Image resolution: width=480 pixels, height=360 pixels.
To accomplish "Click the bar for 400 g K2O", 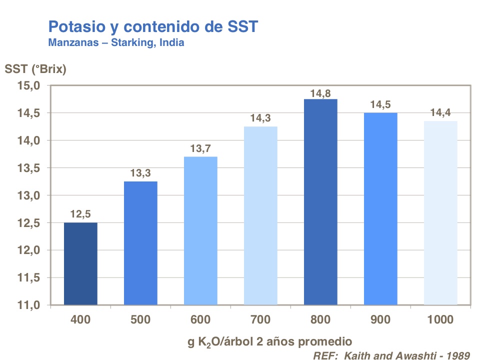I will coord(80,263).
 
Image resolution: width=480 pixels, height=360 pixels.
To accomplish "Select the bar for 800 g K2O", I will coord(320,202).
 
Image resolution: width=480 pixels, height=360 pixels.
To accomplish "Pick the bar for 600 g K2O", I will coord(200,230).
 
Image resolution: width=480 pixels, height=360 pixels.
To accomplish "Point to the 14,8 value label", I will coord(320,92).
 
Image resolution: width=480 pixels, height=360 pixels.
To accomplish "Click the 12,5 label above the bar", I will coord(80,215).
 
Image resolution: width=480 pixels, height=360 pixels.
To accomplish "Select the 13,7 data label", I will coord(200,149).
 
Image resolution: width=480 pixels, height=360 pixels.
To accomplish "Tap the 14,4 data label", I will coord(440,113).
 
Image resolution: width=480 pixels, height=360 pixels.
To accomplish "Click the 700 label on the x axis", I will coord(260,319).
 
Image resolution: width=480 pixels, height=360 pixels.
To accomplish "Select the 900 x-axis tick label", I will coord(380,319).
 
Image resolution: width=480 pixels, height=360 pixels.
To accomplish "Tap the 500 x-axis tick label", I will coord(140,319).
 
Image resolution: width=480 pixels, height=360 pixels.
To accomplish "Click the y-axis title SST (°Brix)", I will coord(35,69).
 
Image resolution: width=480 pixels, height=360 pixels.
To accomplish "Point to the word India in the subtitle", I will coord(171,42).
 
